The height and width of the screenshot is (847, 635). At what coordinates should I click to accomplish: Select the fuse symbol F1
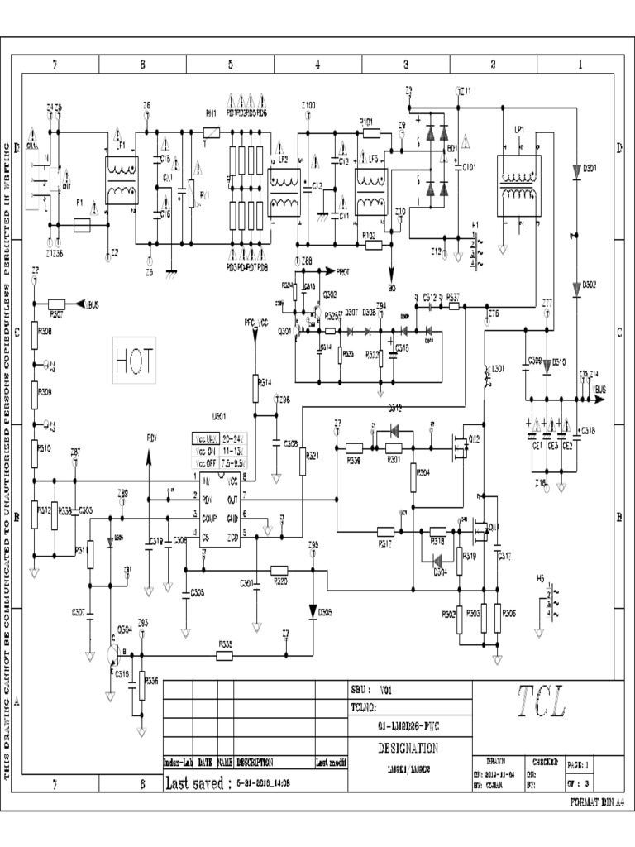tap(81, 224)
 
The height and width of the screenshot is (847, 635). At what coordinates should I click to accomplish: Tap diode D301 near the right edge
tap(576, 170)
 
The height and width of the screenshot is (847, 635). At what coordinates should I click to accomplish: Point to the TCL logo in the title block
tap(542, 704)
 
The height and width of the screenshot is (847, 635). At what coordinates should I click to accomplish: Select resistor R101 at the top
tap(370, 132)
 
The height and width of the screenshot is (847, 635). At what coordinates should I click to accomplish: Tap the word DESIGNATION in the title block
tap(408, 748)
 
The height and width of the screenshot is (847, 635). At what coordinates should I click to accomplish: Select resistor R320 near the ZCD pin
tap(279, 570)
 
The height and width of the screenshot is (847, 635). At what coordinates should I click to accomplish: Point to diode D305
tap(313, 612)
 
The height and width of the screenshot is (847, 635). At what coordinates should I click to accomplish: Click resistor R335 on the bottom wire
tap(224, 656)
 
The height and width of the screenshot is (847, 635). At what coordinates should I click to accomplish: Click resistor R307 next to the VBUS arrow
tap(56, 304)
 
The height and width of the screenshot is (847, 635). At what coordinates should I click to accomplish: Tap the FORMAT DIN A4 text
tap(597, 802)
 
